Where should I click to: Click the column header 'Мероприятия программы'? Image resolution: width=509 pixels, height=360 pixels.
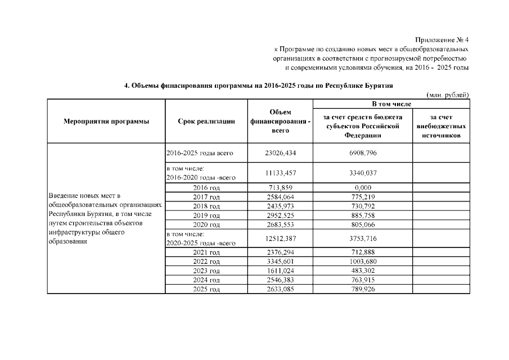[106, 121]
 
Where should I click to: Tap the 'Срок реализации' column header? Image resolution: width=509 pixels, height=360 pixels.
[206, 121]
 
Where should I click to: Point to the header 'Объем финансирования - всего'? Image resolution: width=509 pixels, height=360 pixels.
[280, 121]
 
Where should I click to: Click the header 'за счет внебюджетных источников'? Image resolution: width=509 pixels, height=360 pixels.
[440, 126]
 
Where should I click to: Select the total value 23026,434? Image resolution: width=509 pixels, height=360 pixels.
[280, 153]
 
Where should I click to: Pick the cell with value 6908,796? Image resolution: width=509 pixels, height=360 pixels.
[363, 153]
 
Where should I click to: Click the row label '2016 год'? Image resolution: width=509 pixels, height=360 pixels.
[206, 188]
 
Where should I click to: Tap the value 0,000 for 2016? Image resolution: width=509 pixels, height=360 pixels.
[363, 188]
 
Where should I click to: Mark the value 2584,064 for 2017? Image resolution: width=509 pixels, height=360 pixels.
[280, 197]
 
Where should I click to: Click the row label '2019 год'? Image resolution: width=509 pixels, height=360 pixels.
[206, 215]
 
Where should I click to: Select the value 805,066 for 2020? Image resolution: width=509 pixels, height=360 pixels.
[363, 225]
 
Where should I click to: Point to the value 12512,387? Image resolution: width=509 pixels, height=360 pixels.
[280, 238]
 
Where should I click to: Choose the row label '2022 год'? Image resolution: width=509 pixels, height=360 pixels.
[206, 262]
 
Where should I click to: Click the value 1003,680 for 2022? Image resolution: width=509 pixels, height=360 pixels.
[363, 262]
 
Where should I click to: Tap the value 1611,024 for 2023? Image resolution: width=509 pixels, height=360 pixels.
[280, 271]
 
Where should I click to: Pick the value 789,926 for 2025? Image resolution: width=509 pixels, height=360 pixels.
[363, 289]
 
